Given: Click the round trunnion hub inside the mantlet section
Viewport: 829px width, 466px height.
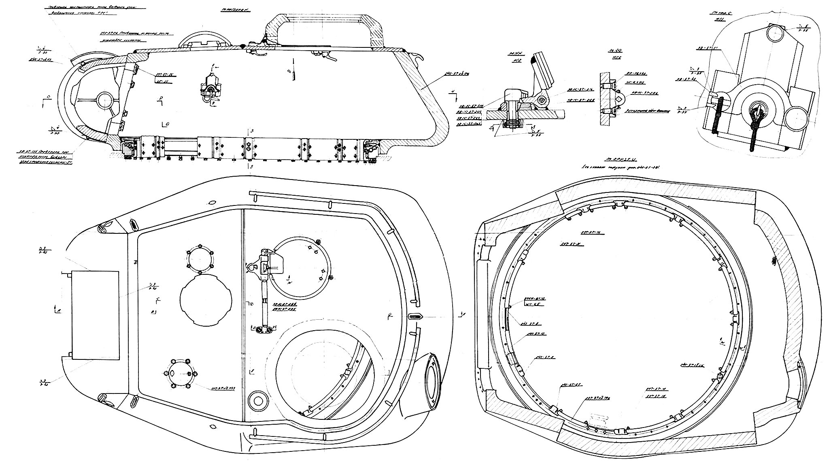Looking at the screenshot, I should pos(105,99).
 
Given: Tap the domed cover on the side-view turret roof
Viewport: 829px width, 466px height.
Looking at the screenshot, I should pos(205,41).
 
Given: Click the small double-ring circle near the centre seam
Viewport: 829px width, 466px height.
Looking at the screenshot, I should pos(257,400).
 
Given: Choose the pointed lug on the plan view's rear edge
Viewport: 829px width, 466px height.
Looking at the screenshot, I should pos(416,316).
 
